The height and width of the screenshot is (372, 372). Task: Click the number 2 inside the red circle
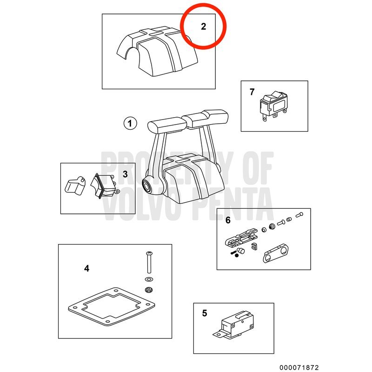click(203, 27)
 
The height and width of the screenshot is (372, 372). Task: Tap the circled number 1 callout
click(130, 123)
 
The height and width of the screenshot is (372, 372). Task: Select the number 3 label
click(125, 174)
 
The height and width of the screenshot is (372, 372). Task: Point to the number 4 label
click(87, 269)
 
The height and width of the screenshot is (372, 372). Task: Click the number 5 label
click(205, 313)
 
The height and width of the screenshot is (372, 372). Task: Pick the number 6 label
click(228, 220)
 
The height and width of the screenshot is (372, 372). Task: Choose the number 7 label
click(252, 92)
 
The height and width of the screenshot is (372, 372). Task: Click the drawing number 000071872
click(299, 367)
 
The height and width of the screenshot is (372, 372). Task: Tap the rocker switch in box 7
click(274, 106)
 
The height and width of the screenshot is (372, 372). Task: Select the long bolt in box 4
click(149, 262)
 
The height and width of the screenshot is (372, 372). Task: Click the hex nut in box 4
click(149, 290)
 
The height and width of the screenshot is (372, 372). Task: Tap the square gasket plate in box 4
click(112, 306)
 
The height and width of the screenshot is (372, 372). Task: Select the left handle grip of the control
click(167, 125)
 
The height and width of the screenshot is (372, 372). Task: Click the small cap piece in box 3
click(75, 186)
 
